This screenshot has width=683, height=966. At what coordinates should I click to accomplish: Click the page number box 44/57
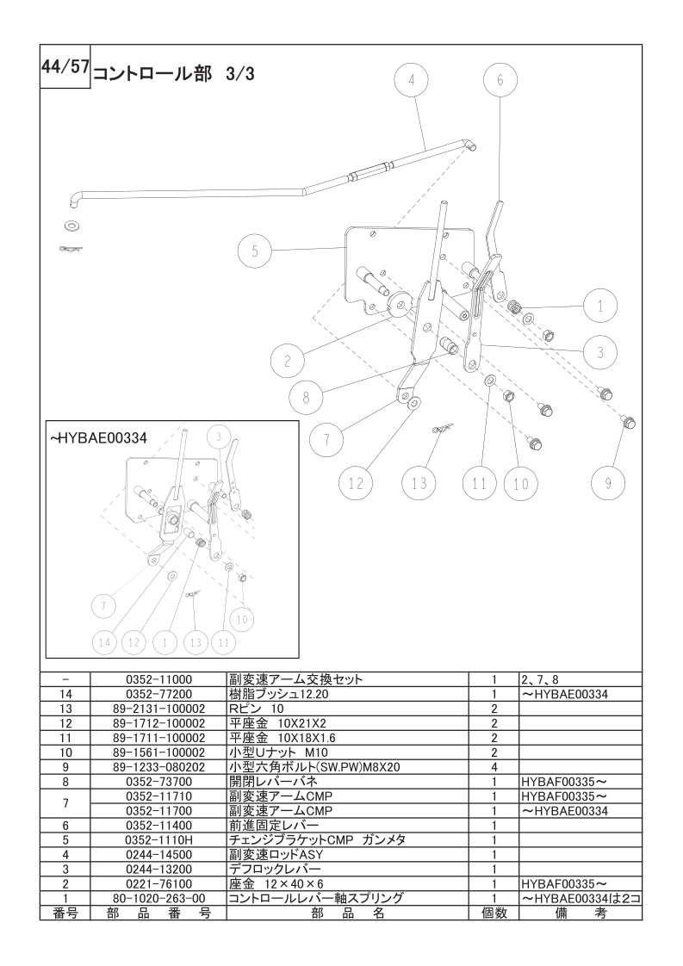point(65,66)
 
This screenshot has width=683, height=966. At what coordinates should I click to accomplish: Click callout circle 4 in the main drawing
point(412,80)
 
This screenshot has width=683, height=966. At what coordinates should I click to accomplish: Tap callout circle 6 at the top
point(500,80)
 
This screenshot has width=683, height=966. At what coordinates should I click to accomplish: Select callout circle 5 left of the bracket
point(255,251)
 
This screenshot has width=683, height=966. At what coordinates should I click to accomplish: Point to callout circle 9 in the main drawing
point(608,484)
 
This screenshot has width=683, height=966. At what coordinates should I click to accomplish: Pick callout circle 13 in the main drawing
point(419,484)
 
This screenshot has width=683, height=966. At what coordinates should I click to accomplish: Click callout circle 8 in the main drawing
point(306,398)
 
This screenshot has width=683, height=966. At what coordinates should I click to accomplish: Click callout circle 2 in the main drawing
point(288,362)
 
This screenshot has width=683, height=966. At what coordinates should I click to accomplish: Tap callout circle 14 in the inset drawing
point(103,642)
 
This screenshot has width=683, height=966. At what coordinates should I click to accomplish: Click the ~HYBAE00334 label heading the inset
point(99,438)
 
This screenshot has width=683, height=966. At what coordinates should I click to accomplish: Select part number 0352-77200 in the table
point(158,694)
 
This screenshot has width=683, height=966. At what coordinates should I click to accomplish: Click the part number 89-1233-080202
point(158,767)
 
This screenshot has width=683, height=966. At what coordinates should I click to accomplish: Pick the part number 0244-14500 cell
point(158,854)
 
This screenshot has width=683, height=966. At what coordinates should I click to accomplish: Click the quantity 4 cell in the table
point(494,767)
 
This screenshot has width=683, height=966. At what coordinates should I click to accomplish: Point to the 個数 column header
point(494,913)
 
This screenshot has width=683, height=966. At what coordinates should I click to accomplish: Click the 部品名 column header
point(348,913)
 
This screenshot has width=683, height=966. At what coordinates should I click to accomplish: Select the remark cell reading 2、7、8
point(540,680)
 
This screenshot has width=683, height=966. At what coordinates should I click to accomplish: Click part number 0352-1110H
point(158,839)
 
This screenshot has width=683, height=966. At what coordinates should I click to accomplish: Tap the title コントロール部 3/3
point(173,74)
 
